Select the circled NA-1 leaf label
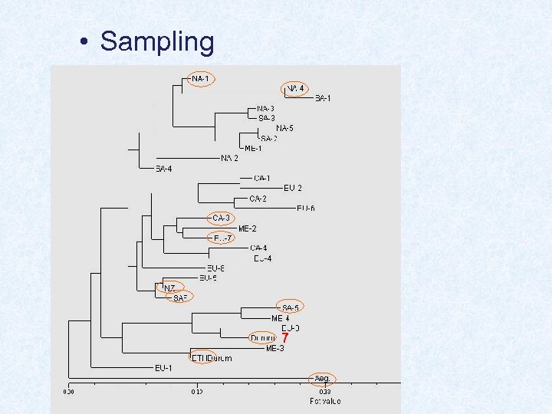(x=201, y=79)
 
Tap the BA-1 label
(x=323, y=98)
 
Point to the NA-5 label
(x=284, y=128)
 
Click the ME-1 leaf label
(x=253, y=148)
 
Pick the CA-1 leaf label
(x=261, y=179)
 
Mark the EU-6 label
(x=305, y=209)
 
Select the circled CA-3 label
(x=221, y=219)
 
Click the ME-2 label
(x=247, y=228)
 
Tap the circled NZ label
(x=170, y=288)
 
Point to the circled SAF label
(x=181, y=298)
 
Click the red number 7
(x=284, y=338)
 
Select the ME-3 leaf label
(x=275, y=348)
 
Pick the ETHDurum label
(x=211, y=357)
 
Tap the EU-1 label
(x=163, y=368)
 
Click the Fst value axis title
(x=325, y=401)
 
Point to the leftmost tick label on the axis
(x=69, y=391)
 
